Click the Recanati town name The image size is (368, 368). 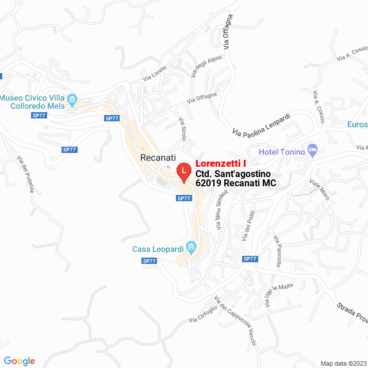tap(158, 157)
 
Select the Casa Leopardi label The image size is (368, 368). tap(158, 249)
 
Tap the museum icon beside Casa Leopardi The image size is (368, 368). tap(192, 248)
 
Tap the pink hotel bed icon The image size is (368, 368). tap(312, 151)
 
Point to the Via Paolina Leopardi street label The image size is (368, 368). tap(262, 125)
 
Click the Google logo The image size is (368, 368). tap(19, 361)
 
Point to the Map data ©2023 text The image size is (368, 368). tap(343, 363)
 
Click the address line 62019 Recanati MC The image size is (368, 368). tap(236, 183)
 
